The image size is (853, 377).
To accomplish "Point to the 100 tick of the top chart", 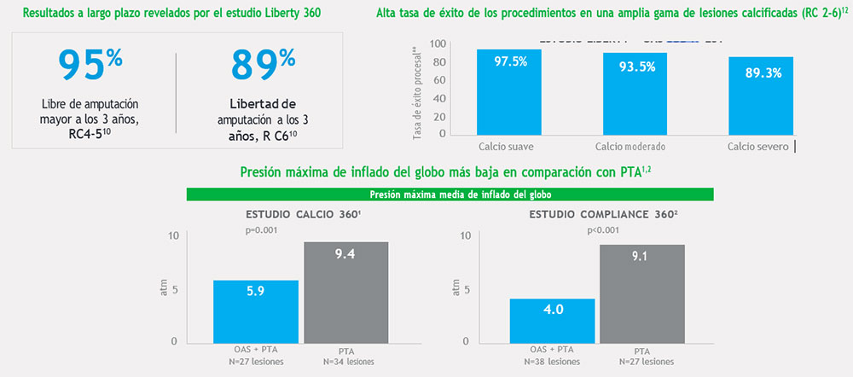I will tap(438, 44).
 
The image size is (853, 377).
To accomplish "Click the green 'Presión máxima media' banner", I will tap(451, 194).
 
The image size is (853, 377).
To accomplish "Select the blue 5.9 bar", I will tap(256, 310).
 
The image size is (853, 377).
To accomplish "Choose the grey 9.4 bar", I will tap(346, 292).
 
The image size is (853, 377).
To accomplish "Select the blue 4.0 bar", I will tap(552, 320).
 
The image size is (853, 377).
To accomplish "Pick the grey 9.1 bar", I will tap(642, 293).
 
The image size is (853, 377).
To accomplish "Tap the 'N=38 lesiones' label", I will tap(552, 362).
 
